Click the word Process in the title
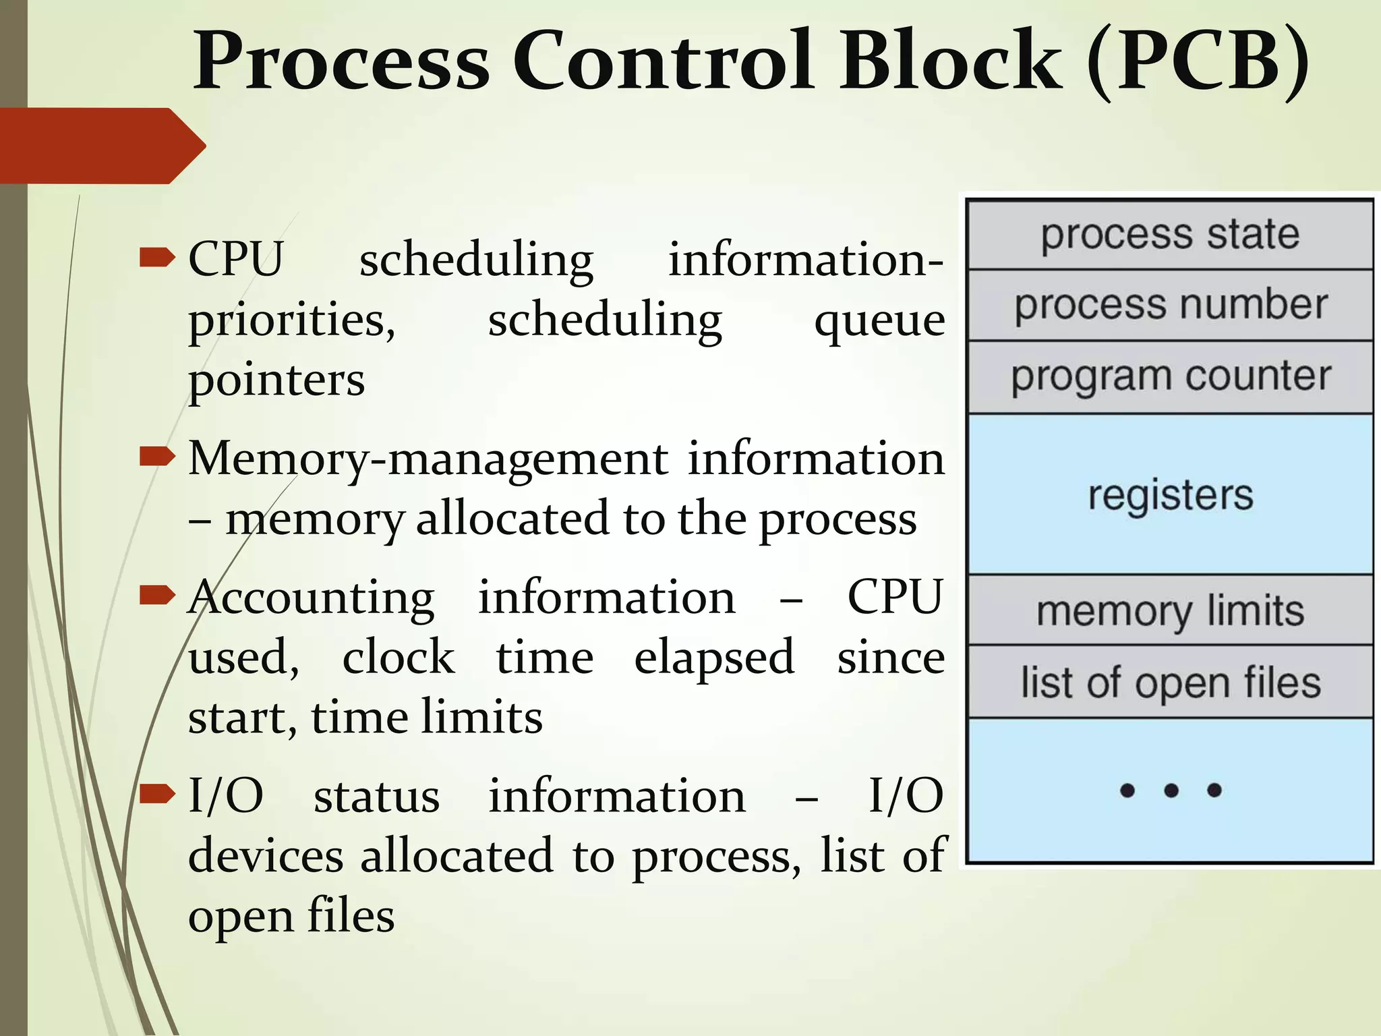point(341,62)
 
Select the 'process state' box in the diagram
point(1170,235)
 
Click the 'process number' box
point(1170,305)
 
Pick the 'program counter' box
point(1170,376)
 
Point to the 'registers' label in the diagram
point(1170,495)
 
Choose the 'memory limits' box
point(1170,611)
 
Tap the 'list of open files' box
point(1170,683)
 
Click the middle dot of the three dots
point(1171,790)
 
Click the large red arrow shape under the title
point(101,146)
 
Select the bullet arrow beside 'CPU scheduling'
point(156,258)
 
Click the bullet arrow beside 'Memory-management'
point(156,457)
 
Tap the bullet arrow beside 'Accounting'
point(156,596)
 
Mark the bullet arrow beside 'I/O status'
point(156,795)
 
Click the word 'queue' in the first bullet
point(879,321)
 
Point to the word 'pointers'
point(276,380)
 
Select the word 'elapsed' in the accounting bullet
point(713,658)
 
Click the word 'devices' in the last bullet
point(266,857)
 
